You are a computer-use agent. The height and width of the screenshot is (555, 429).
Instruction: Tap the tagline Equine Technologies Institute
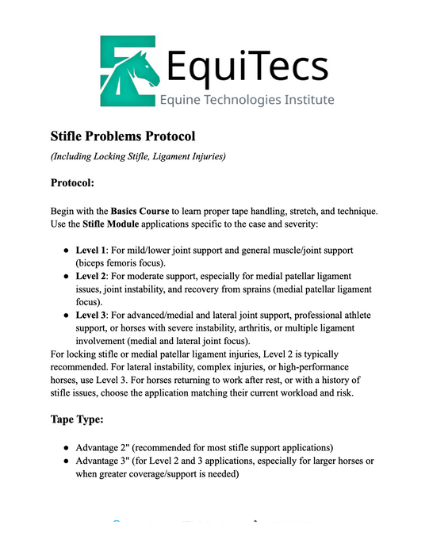click(247, 100)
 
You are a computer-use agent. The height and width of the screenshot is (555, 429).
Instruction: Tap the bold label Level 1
click(92, 251)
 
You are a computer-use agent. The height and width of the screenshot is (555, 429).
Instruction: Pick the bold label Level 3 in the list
click(92, 315)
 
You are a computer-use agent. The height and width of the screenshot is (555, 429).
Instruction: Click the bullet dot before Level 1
click(67, 251)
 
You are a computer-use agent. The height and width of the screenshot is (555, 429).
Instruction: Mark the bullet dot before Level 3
click(67, 315)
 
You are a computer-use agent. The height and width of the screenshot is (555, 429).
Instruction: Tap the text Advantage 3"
click(109, 462)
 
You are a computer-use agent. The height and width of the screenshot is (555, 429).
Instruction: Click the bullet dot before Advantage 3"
click(67, 462)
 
